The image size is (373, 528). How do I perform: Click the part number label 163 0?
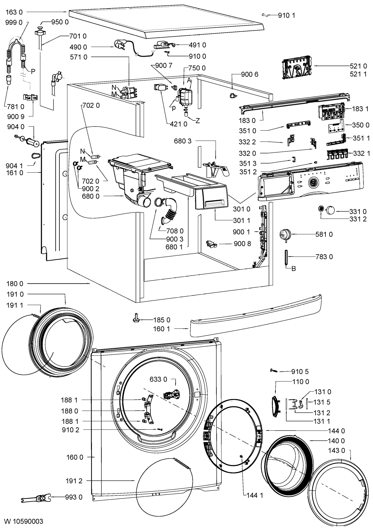tap(14, 13)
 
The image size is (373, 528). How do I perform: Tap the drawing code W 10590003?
tap(24, 521)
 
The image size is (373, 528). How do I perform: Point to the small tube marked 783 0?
tap(286, 257)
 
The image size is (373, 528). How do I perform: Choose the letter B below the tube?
tap(294, 269)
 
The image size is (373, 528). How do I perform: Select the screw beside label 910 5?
tap(274, 371)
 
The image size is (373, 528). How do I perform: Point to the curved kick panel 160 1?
tap(254, 317)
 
